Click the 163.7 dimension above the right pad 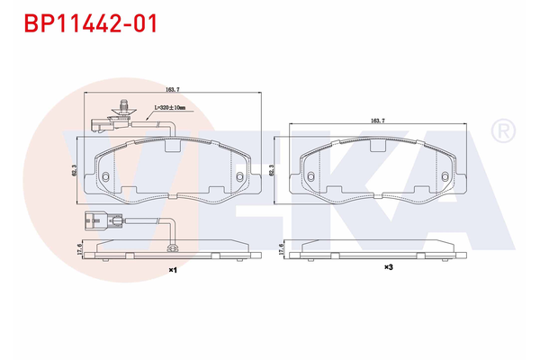[x=378, y=120]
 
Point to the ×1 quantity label [x=172, y=269]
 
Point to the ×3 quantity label [x=389, y=267]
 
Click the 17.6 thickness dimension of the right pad [x=282, y=249]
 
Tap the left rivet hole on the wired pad [x=105, y=175]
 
